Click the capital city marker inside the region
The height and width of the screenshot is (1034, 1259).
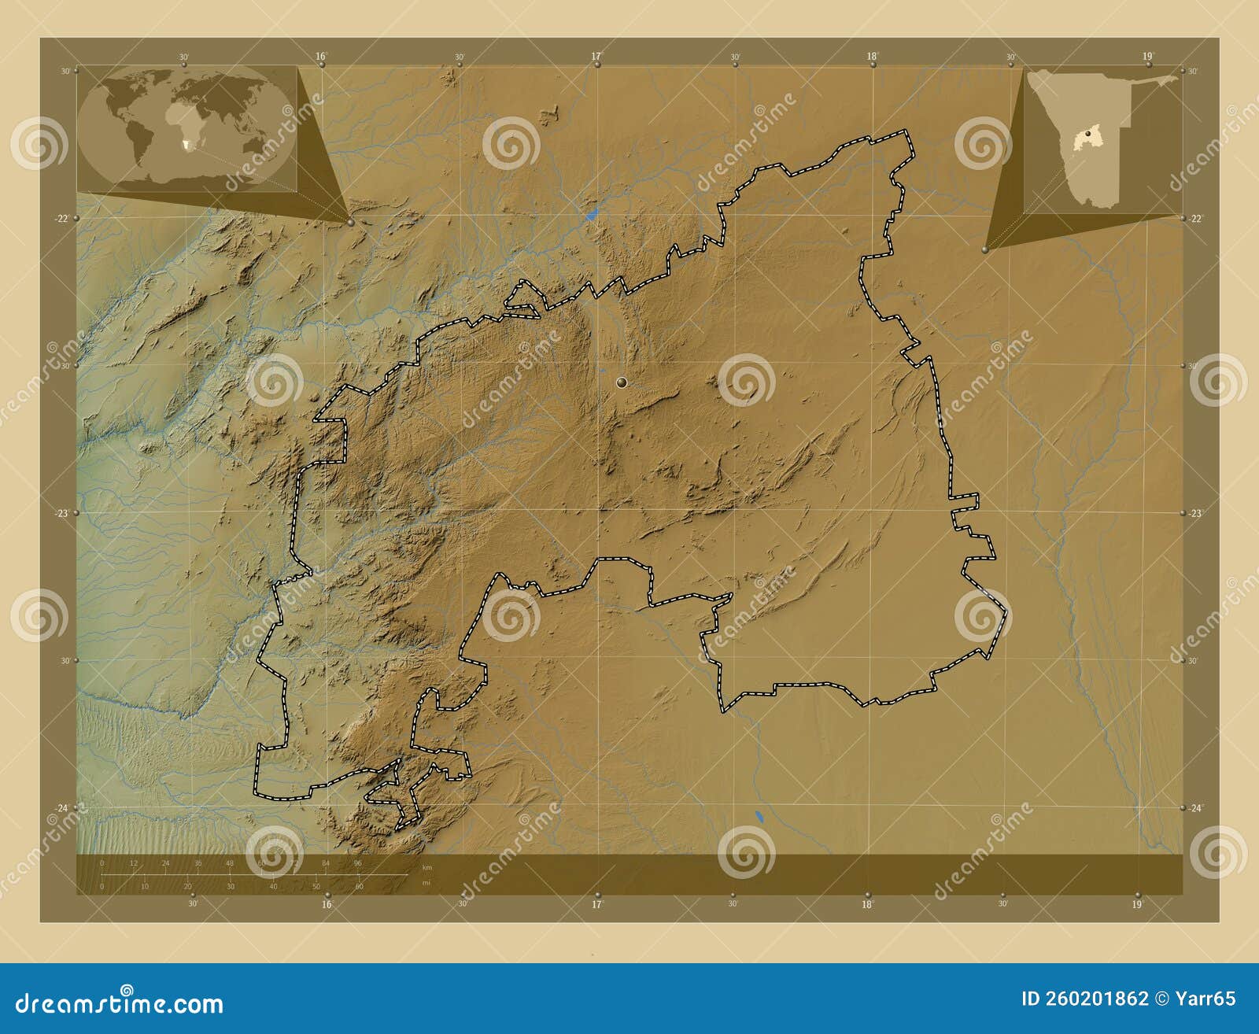(x=622, y=382)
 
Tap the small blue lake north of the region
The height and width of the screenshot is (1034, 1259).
(x=592, y=213)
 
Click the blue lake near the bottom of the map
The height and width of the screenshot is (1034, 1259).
(x=759, y=817)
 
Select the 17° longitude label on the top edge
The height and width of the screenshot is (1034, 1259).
(x=596, y=56)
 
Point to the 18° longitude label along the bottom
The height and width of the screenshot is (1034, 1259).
(x=867, y=904)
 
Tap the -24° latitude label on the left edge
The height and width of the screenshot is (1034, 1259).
(x=63, y=807)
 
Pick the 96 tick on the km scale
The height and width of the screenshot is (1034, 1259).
(x=357, y=863)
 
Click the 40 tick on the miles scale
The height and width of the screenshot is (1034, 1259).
(x=273, y=887)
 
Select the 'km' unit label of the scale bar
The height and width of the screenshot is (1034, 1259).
(x=427, y=867)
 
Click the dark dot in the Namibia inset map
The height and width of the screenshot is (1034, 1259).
(x=1087, y=135)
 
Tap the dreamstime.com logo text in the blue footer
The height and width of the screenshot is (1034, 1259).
(x=120, y=1003)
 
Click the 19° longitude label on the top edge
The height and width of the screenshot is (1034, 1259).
(x=1147, y=56)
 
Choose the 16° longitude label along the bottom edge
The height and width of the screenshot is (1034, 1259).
(x=327, y=904)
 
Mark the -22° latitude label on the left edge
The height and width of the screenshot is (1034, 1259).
(x=63, y=218)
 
